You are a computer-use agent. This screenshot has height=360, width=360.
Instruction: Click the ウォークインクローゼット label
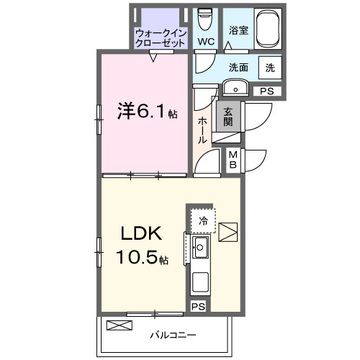(x=161, y=38)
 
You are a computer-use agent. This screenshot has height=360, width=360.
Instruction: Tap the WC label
(x=207, y=42)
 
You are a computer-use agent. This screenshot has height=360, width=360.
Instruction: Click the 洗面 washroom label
(x=238, y=68)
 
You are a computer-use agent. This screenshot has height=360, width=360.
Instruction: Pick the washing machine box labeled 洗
(x=269, y=68)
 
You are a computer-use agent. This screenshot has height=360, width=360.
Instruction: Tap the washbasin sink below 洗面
(x=235, y=88)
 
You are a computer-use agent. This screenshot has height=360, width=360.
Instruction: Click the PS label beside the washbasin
(x=267, y=91)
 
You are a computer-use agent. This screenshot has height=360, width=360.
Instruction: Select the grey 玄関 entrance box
(x=228, y=116)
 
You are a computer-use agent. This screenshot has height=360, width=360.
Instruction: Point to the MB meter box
(x=234, y=159)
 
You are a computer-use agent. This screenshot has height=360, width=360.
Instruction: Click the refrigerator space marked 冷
(x=204, y=221)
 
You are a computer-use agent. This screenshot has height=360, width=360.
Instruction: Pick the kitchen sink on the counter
(x=200, y=249)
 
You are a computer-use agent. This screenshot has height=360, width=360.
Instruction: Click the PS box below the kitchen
(x=197, y=306)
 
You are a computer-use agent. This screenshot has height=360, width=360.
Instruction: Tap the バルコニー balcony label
(x=173, y=334)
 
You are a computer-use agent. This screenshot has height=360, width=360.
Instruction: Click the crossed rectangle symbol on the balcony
(x=120, y=325)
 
